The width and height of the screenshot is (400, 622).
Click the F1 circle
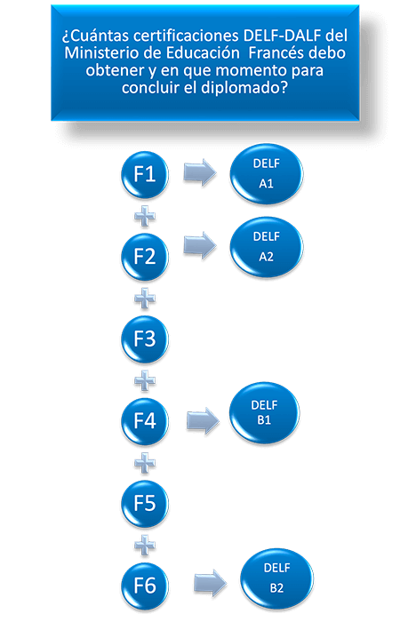point(145,174)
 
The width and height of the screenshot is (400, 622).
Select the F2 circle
point(145,257)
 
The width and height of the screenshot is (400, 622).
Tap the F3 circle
point(145,339)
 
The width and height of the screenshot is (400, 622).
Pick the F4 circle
point(145,421)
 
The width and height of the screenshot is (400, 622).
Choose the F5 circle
point(145,504)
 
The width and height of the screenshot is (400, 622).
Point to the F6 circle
point(145,586)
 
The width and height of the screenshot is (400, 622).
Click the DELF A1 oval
point(267,174)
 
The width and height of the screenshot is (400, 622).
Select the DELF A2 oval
point(267,247)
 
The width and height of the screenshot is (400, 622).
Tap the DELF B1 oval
point(264,412)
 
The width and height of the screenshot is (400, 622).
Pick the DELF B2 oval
point(276,578)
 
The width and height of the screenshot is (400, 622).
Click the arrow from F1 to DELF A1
point(200,172)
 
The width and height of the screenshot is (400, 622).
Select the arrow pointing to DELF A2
point(200,245)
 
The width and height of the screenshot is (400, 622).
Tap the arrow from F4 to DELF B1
point(203,420)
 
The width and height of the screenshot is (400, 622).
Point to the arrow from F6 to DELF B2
point(210,583)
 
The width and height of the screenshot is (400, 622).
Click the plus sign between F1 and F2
point(145,216)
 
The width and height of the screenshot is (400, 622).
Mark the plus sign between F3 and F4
point(145,381)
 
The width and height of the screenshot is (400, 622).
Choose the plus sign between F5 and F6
point(145,545)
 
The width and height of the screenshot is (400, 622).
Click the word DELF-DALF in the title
point(283,36)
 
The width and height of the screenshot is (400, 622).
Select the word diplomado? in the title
point(244,88)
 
